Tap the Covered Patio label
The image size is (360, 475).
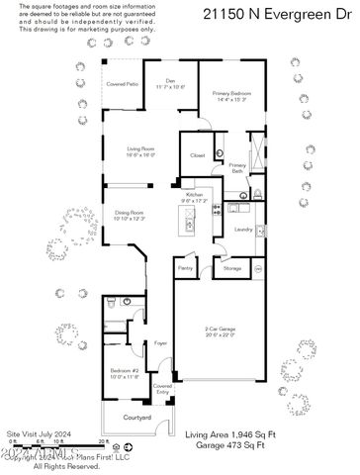123,85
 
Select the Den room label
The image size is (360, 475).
170,84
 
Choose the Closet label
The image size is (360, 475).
198,155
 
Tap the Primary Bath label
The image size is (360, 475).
238,168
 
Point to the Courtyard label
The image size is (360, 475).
136,419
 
